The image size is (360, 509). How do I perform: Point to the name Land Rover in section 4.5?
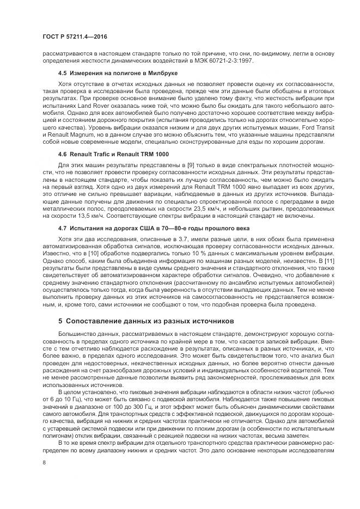(81, 102)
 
